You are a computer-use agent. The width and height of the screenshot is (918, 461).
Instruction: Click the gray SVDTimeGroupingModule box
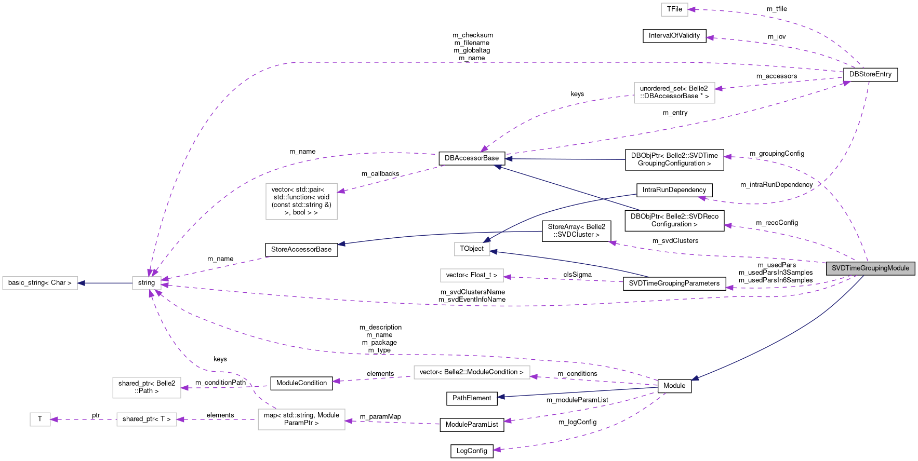(870, 268)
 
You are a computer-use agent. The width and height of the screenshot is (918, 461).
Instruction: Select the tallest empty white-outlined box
(301, 201)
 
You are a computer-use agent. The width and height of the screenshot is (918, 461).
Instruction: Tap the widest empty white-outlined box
(472, 373)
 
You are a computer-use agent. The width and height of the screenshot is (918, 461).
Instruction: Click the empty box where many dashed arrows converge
(147, 283)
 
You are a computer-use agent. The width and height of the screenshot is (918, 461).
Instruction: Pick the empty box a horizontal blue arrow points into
(40, 283)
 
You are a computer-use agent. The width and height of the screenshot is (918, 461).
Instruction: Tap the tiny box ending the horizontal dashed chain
(40, 419)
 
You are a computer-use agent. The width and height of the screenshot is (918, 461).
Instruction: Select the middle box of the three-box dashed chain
(147, 419)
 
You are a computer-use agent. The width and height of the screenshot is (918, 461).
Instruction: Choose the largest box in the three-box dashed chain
(301, 419)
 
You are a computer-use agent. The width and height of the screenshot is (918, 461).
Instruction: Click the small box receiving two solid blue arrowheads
(472, 249)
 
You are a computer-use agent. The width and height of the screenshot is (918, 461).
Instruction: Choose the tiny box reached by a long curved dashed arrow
(674, 10)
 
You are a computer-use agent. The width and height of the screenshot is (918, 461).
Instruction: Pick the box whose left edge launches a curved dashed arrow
(674, 93)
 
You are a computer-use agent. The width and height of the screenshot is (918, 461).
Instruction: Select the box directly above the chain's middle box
(147, 388)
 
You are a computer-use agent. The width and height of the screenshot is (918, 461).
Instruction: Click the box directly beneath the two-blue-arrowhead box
(472, 275)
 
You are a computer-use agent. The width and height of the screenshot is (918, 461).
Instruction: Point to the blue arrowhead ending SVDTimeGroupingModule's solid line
(695, 379)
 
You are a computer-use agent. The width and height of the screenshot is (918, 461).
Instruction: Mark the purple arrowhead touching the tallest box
(341, 192)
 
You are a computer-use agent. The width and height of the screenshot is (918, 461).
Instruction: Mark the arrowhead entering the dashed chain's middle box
(180, 419)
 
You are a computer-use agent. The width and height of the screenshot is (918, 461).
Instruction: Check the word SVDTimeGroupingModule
(870, 268)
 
